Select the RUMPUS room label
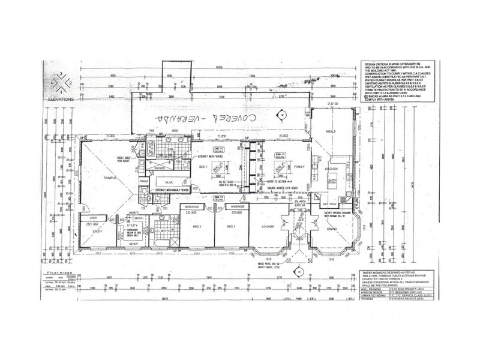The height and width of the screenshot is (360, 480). point(97,176)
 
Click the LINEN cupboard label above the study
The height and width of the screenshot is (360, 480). point(93,217)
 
